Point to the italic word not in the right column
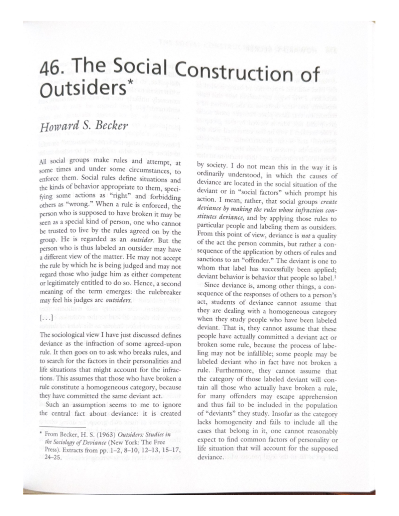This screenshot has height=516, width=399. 306,236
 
